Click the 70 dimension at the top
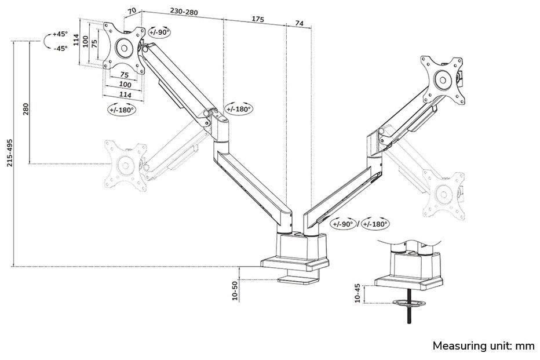132,10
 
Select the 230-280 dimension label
184,11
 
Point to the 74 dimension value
299,23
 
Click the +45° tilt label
60,34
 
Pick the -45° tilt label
60,48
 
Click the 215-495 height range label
9,153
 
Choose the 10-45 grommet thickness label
357,293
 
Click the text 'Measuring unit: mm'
483,346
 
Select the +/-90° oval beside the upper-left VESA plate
159,32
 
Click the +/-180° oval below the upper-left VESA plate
122,109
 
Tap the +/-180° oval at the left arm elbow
239,108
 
